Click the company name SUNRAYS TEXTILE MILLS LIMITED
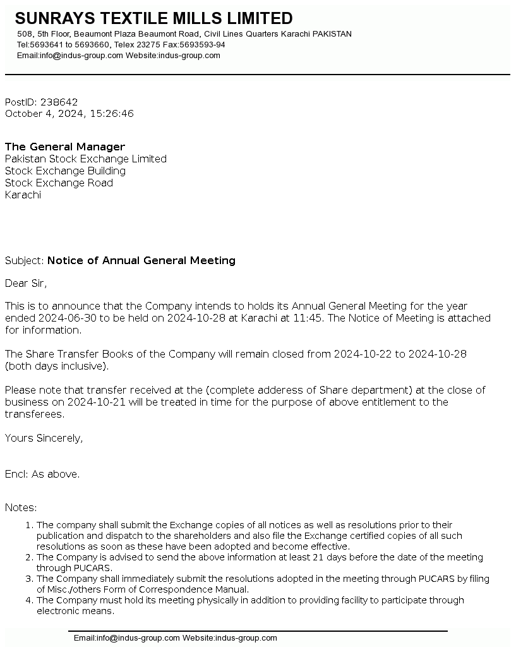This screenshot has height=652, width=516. point(153,18)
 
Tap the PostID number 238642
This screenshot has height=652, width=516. point(59,102)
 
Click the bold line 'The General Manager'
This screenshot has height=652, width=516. point(65,147)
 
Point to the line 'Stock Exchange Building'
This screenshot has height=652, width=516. point(65,171)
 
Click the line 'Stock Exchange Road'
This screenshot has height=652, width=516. point(59,183)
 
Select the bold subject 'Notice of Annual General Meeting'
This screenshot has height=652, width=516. point(141,260)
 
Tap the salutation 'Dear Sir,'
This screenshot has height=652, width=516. point(26,283)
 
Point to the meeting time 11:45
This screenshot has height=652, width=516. point(308,318)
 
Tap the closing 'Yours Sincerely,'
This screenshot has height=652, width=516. point(44,438)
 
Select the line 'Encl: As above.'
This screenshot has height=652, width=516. point(42,474)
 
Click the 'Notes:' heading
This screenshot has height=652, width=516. point(21,508)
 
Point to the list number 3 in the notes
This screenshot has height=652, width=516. point(28,579)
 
